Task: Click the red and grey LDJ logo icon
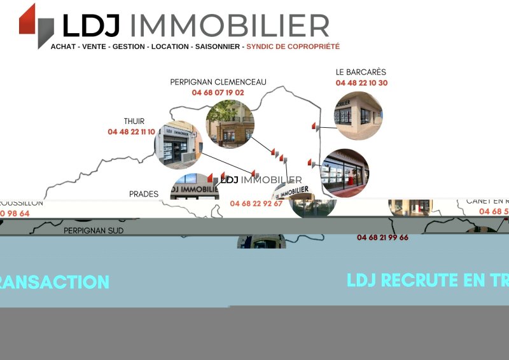(36, 24)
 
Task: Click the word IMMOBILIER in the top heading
(229, 26)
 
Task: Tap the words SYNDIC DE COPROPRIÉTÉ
(293, 46)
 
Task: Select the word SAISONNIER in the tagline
(218, 46)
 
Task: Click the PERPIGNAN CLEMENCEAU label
(218, 82)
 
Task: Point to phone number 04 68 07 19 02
(218, 92)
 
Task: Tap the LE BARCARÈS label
(361, 73)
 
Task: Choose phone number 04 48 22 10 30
(361, 83)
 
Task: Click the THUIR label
(134, 121)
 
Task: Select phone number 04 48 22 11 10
(131, 132)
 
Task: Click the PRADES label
(144, 194)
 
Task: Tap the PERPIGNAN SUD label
(94, 231)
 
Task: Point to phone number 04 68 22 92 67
(256, 204)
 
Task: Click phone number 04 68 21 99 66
(382, 237)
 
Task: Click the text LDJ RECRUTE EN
(407, 280)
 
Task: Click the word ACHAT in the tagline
(63, 46)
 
